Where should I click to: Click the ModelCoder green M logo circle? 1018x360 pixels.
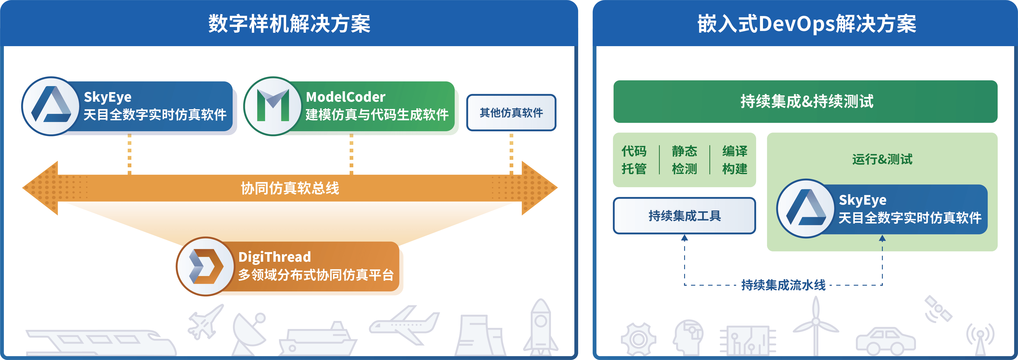coord(273,106)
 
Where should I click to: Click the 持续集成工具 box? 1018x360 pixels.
coord(684,216)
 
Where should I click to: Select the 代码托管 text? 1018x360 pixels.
coord(634,160)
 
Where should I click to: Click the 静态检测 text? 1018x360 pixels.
coord(684,160)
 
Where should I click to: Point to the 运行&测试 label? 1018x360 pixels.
coord(882,159)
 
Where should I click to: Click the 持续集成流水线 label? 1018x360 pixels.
coord(783,285)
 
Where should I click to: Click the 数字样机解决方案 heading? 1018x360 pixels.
coord(289,24)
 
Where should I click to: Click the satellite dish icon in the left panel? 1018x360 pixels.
coord(249,332)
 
